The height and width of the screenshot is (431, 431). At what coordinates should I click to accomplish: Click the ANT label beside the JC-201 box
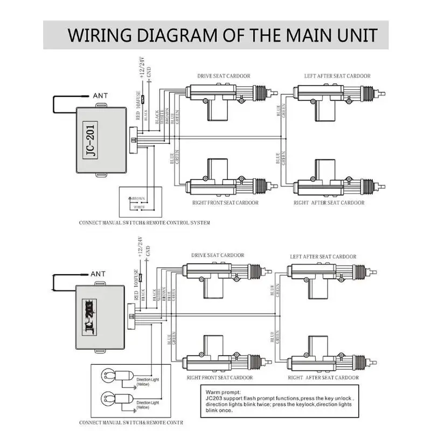[x=101, y=96]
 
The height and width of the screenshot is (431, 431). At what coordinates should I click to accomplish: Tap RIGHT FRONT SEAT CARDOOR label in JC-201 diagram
[x=225, y=203]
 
